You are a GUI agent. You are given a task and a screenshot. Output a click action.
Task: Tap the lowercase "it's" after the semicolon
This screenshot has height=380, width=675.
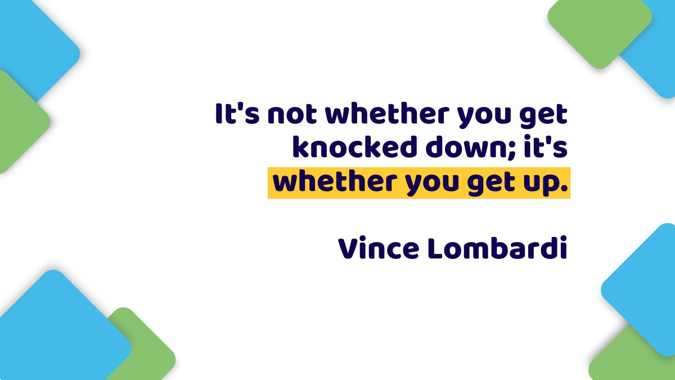pyautogui.click(x=544, y=147)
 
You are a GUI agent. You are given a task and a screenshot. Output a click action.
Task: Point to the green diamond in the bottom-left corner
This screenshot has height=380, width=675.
pyautogui.click(x=149, y=346)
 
